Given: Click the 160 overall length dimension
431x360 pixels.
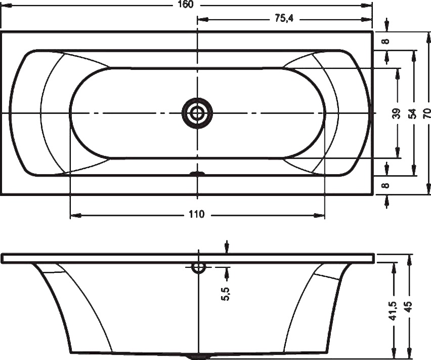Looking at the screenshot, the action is click(186, 5).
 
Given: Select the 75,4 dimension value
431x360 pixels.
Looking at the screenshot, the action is click(284, 18).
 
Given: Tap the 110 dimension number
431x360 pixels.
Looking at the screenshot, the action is click(197, 214).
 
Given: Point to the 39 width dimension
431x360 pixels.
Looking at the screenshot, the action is click(397, 113).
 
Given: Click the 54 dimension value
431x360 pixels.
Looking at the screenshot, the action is click(412, 113).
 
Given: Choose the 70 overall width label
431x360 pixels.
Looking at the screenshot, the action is click(426, 113).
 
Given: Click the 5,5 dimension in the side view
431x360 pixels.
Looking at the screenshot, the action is click(226, 294).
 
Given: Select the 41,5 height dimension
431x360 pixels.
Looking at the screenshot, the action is click(394, 310).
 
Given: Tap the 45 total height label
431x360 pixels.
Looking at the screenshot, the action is click(409, 307).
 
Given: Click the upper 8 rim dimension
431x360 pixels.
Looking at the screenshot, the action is click(386, 41).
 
